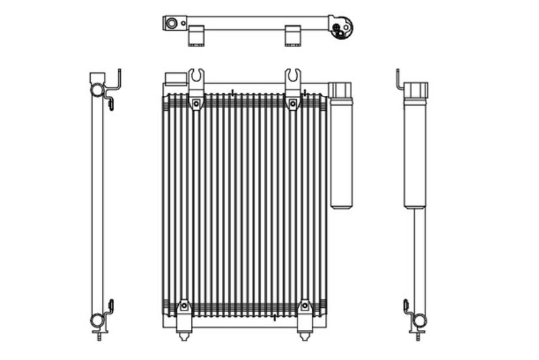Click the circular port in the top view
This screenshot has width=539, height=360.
point(172,24)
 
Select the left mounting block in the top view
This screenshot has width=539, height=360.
point(197,36)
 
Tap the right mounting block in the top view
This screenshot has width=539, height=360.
point(294,36)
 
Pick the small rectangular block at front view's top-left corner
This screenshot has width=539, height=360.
point(175,79)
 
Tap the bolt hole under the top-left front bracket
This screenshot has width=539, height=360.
point(196,102)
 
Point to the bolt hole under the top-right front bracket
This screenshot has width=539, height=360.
point(292,102)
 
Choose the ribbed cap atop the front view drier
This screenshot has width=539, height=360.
point(340,90)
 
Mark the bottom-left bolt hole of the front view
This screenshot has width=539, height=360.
point(184,306)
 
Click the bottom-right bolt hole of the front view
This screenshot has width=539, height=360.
point(304,306)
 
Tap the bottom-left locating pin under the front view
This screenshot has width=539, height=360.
point(184,335)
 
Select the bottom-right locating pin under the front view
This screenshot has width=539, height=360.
point(304,335)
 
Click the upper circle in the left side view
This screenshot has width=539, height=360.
point(97,90)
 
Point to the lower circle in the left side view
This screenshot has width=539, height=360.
point(97,320)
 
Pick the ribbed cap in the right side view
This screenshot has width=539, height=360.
point(416,90)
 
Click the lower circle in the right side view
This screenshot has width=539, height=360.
point(418,320)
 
